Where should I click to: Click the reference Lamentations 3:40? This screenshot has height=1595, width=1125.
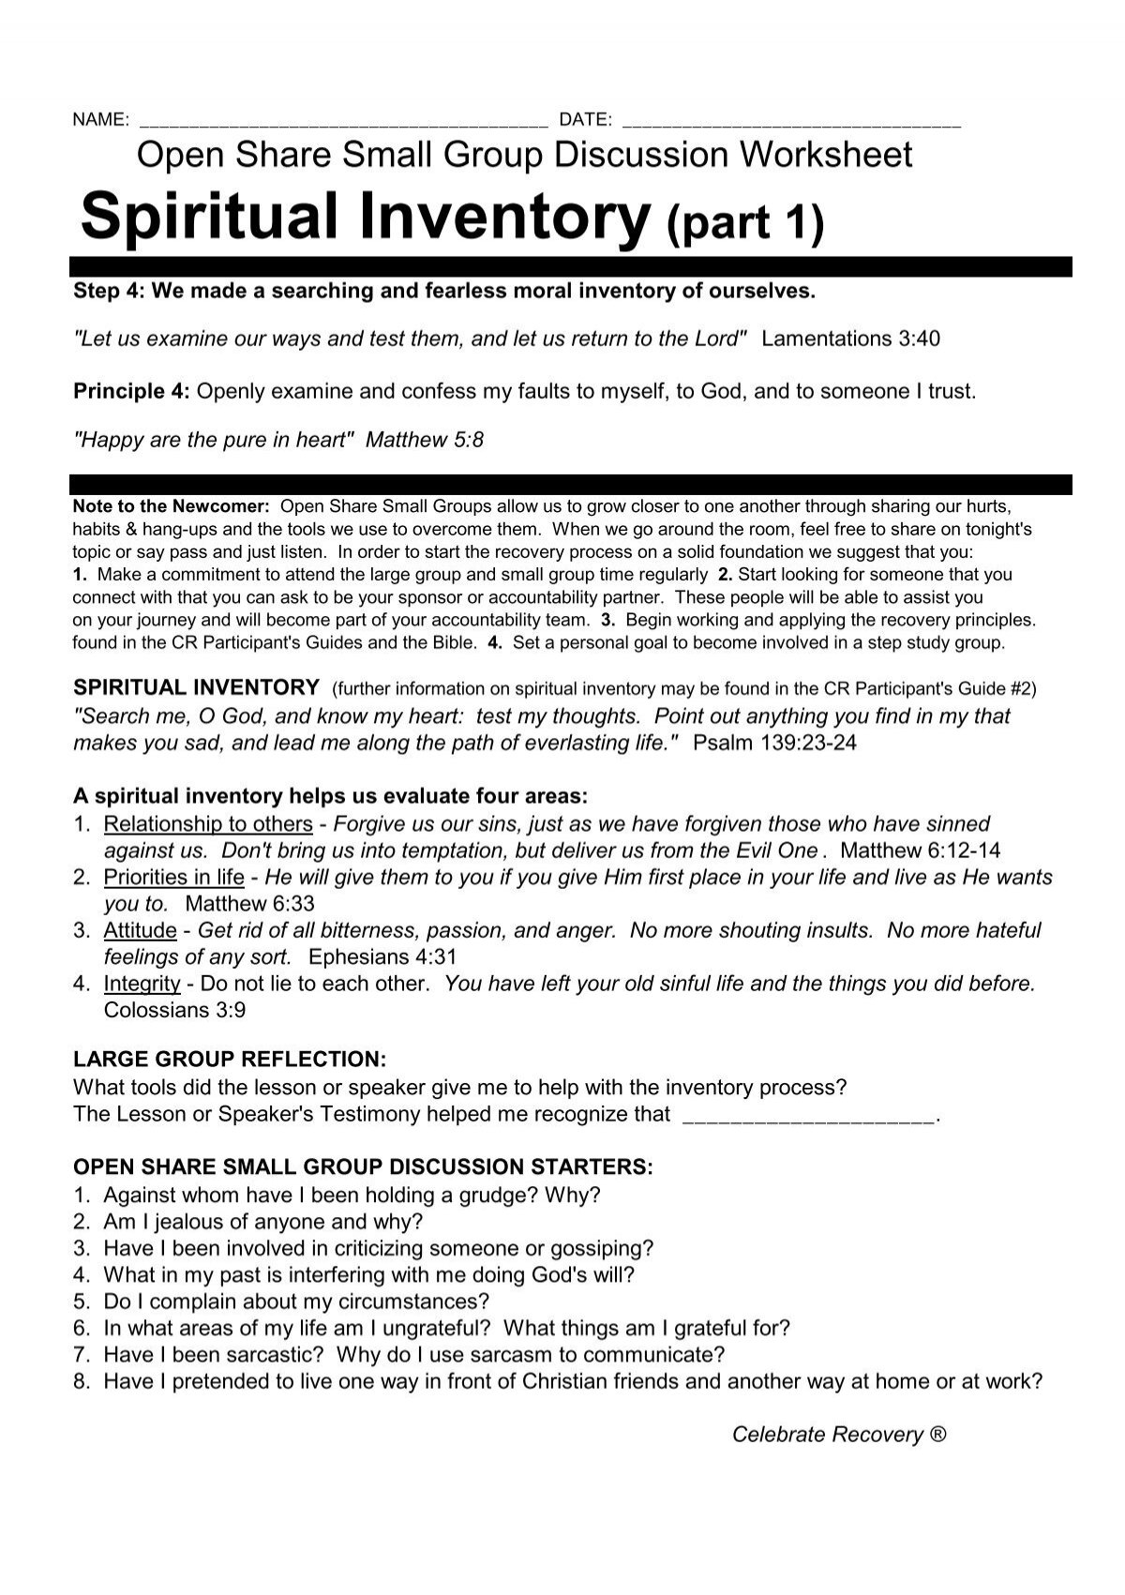coord(850,339)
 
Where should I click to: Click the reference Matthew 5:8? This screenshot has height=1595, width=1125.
coord(425,440)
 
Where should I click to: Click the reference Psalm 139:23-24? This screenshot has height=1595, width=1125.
coord(774,744)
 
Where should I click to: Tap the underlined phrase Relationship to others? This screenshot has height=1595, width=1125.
coord(208,824)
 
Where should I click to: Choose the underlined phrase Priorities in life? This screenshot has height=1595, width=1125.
coord(173,878)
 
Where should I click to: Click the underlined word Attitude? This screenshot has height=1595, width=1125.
coord(140,930)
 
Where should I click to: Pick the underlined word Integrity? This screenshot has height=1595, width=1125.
coord(142,984)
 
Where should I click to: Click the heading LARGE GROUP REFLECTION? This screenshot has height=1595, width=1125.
coord(229,1060)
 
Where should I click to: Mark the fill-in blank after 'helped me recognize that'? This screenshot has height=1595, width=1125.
coord(810,1115)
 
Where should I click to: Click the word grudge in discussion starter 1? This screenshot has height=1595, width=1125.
coord(503,1196)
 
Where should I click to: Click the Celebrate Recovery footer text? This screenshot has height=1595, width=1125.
coord(839,1435)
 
